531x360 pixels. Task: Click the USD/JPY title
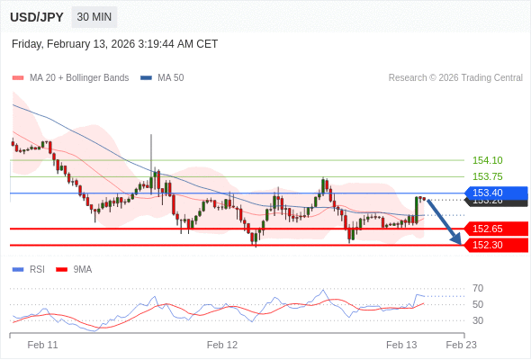pyautogui.click(x=36, y=17)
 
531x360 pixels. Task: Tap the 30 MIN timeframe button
pyautogui.click(x=94, y=17)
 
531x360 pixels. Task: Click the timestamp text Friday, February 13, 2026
pyautogui.click(x=115, y=44)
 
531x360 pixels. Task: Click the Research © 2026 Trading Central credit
pyautogui.click(x=455, y=77)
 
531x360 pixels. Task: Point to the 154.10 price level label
pyautogui.click(x=488, y=160)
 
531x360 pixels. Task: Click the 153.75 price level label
pyautogui.click(x=488, y=176)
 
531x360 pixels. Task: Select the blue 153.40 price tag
pyautogui.click(x=494, y=193)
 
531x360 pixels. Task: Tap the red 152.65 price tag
pyautogui.click(x=494, y=229)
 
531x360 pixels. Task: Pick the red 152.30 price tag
pyautogui.click(x=494, y=245)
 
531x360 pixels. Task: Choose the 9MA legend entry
pyautogui.click(x=83, y=269)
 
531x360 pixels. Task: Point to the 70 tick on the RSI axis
pyautogui.click(x=478, y=288)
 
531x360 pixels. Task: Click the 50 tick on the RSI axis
pyautogui.click(x=478, y=304)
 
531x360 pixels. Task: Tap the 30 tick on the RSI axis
pyautogui.click(x=478, y=320)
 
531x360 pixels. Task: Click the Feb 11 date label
pyautogui.click(x=42, y=345)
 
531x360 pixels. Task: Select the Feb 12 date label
pyautogui.click(x=222, y=345)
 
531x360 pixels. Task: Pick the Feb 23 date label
pyautogui.click(x=461, y=345)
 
